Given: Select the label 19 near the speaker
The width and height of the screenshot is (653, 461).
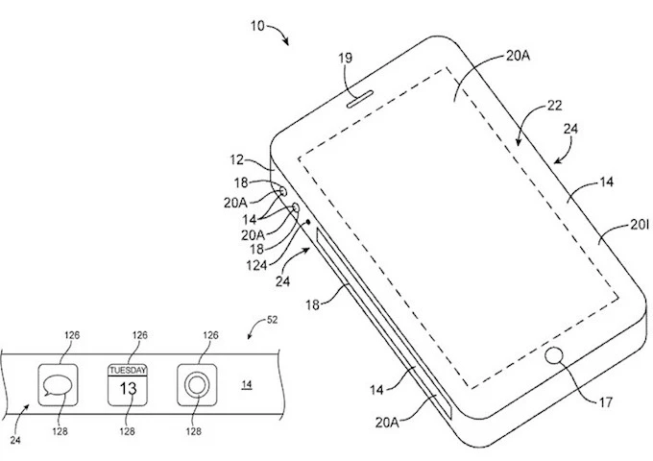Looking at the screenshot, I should (347, 58).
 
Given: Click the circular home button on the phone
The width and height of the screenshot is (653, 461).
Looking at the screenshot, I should (554, 357).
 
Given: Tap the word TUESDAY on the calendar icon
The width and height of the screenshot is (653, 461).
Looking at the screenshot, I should (127, 370).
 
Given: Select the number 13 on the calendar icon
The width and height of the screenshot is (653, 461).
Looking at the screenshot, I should (127, 389).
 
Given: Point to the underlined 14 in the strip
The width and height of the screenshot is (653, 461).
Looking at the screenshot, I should (247, 385).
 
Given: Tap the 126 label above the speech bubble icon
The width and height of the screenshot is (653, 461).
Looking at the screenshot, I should (73, 335).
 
